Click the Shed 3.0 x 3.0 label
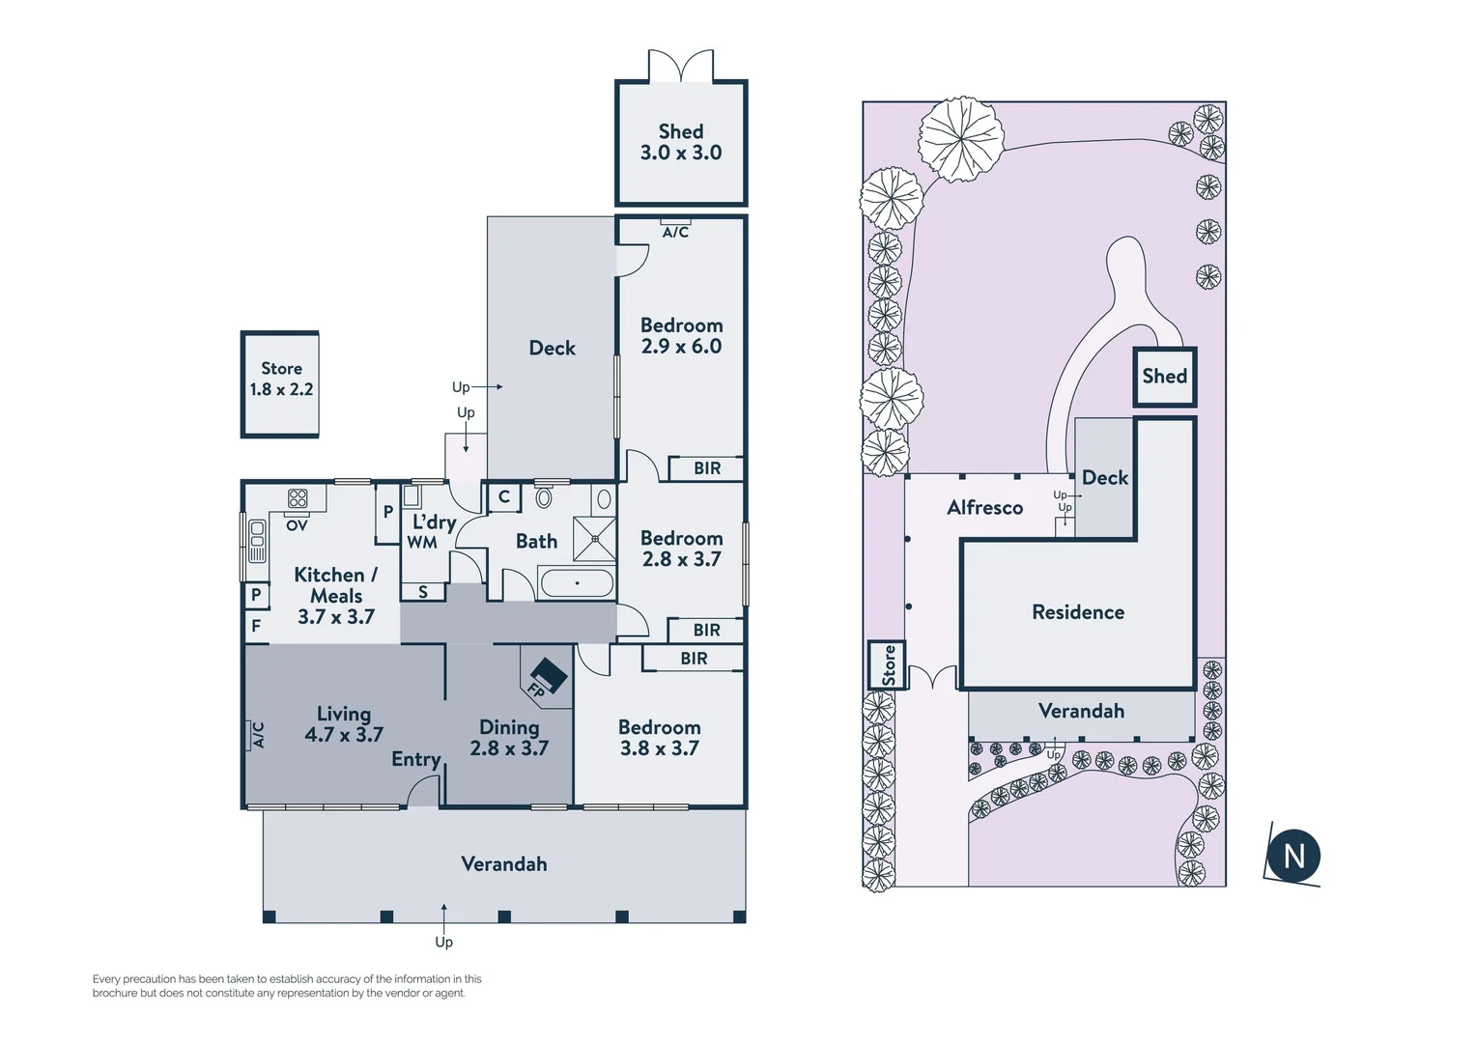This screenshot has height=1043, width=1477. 680,142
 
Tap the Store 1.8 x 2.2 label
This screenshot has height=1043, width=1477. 281,380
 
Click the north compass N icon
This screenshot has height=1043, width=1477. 1292,856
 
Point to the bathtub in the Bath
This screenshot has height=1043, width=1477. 577,583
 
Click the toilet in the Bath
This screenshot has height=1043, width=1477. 544,497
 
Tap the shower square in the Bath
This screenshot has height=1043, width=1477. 594,539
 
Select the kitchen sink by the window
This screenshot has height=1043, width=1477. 257,541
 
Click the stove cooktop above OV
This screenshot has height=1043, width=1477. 298,498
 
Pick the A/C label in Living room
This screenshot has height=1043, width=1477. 258,735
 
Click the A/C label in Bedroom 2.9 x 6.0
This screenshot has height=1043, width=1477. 675,232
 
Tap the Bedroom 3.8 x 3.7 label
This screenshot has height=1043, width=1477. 659,738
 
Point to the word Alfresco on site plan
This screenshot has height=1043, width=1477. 984,508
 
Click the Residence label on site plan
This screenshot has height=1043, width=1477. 1078,612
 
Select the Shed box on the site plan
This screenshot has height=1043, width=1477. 1164,377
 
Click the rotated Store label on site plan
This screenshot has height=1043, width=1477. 888,665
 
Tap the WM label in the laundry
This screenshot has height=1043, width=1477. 422,543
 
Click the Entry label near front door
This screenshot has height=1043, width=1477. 415,760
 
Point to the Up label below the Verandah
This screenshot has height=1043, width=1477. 443,942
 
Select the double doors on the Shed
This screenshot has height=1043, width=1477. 681,66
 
